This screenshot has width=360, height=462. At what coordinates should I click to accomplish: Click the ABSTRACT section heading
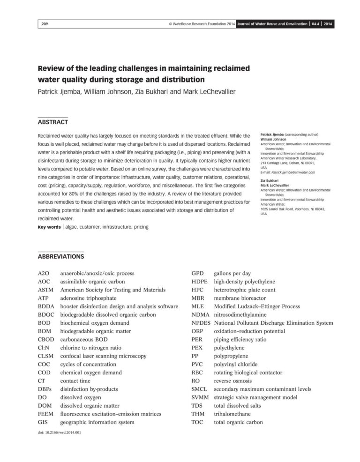[x=53, y=122]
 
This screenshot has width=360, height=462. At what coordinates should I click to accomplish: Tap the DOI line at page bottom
[x=59, y=432]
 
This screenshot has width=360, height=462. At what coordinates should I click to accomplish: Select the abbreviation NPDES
[x=201, y=323]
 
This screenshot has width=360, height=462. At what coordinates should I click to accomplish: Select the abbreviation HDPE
[x=200, y=282]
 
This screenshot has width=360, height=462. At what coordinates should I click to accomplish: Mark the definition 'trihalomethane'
[x=234, y=414]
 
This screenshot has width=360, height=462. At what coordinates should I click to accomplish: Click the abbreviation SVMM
[x=200, y=397]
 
